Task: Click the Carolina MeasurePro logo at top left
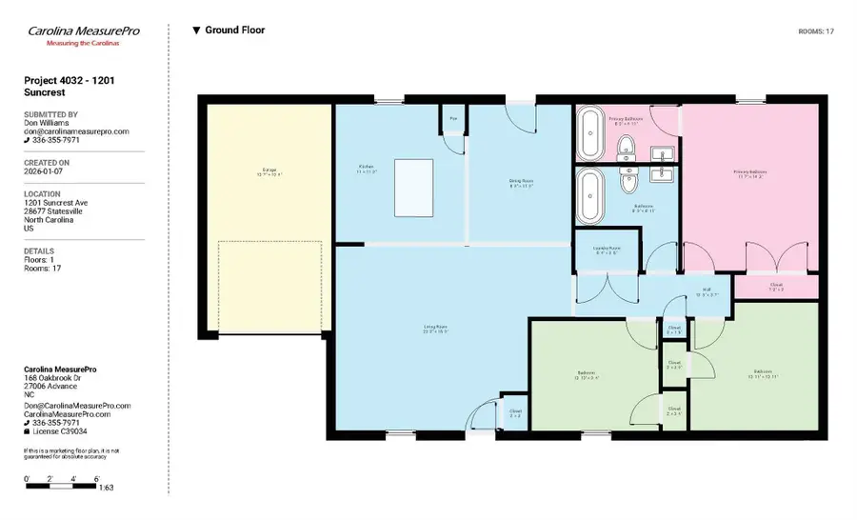tap(84, 35)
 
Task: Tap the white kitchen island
tap(413, 189)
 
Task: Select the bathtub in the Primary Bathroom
tap(590, 134)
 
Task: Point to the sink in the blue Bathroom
tap(660, 174)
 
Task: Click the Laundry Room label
tap(606, 250)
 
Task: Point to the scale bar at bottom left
tap(62, 486)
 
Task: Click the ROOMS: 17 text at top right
tap(816, 31)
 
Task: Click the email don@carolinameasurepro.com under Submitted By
tap(76, 131)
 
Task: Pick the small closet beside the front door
tap(514, 412)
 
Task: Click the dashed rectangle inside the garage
tap(269, 287)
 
